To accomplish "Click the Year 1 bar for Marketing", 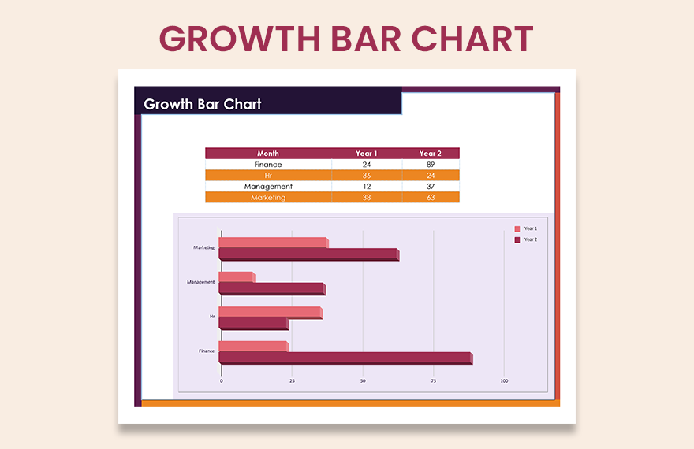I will point(273,243).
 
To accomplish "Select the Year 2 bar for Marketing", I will point(308,254).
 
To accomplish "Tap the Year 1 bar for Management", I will point(237,277).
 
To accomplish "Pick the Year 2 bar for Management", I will point(271,289).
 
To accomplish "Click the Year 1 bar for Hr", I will point(270,312).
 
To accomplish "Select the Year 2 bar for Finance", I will point(345,358).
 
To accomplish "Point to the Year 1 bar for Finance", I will point(253,347).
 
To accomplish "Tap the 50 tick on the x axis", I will point(363,381).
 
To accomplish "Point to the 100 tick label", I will point(504,381).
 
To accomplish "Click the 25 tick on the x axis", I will point(292,381).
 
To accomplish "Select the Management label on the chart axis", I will point(200,282).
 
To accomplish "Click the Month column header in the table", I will point(268,154).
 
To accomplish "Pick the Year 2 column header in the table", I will point(430,154).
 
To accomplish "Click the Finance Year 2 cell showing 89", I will point(430,165).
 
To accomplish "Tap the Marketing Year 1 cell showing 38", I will point(366,198).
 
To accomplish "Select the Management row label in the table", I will point(268,187).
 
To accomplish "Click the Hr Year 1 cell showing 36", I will point(366,176).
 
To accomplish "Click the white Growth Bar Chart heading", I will point(203,104).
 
